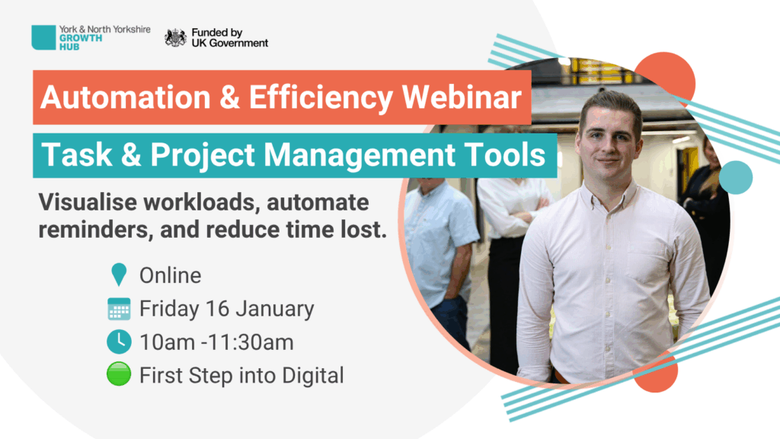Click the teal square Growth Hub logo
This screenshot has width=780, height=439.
(43, 37)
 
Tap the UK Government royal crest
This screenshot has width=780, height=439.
(176, 38)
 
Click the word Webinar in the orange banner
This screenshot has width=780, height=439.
(462, 97)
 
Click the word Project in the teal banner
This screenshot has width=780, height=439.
(203, 155)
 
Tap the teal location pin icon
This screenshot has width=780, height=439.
(119, 274)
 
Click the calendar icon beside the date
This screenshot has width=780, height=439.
(119, 309)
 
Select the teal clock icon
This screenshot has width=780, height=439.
(119, 341)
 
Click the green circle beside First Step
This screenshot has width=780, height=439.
(119, 374)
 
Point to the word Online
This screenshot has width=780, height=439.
(170, 275)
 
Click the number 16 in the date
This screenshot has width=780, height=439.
(217, 309)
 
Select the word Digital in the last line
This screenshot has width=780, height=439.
(313, 375)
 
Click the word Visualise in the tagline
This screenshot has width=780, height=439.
(88, 202)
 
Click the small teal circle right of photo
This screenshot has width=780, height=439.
(736, 177)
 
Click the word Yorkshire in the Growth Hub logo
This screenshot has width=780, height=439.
(131, 30)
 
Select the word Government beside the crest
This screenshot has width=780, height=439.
(238, 43)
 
